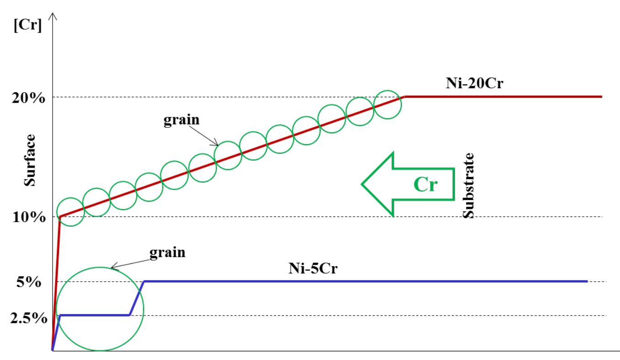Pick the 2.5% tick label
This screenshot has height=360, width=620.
(28, 317)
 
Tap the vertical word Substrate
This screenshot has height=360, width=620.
(468, 185)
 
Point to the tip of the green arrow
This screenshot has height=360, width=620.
(363, 184)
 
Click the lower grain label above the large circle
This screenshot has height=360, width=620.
(168, 253)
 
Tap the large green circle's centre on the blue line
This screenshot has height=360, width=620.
(100, 308)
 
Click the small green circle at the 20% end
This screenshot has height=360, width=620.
(387, 104)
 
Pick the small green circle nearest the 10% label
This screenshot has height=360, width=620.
(71, 212)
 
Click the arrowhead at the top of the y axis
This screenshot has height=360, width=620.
(54, 17)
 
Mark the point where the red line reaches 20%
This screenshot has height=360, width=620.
(405, 97)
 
